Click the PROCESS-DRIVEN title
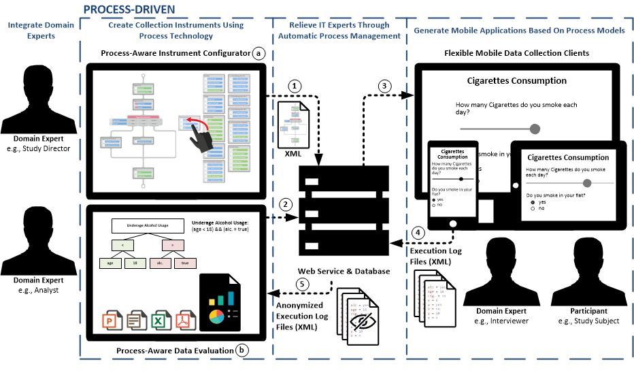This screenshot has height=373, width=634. click(x=129, y=9)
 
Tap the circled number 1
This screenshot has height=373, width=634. click(x=294, y=86)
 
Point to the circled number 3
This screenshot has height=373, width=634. click(x=386, y=86)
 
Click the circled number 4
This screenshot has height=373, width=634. click(x=420, y=231)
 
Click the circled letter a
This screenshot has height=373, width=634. click(x=257, y=53)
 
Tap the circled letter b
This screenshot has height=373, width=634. click(x=242, y=350)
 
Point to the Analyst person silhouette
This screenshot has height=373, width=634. click(x=33, y=238)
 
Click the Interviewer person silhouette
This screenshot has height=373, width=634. click(x=496, y=273)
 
